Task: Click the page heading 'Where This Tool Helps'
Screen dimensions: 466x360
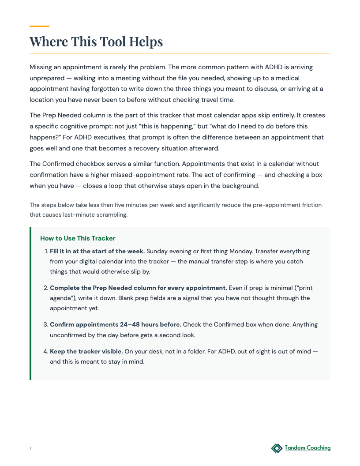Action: tap(96, 41)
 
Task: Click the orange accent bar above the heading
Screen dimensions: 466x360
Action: tap(39, 26)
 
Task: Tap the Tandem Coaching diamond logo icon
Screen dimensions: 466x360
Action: tap(277, 448)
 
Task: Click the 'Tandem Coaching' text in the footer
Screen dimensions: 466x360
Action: tap(307, 448)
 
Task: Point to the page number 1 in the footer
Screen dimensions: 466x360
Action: tap(30, 449)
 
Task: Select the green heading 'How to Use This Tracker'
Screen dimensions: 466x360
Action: tap(78, 238)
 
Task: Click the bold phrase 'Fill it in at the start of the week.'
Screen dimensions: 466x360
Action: tap(97, 251)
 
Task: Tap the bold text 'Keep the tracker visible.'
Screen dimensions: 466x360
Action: tap(86, 352)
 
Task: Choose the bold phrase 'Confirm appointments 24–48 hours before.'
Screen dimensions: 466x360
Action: tap(116, 324)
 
